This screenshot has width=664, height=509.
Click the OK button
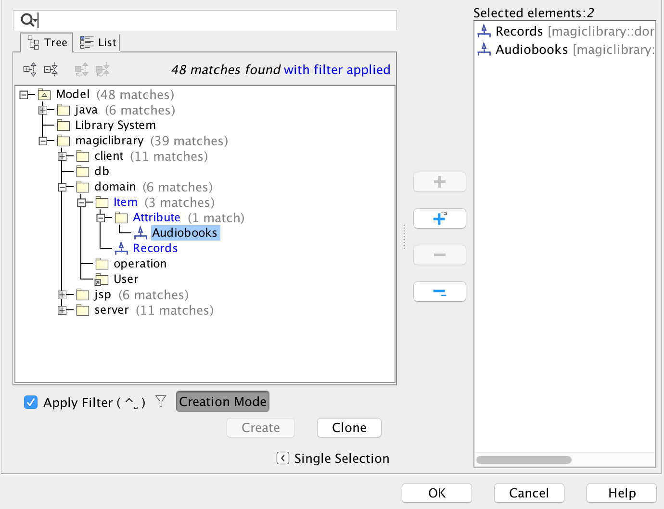point(436,493)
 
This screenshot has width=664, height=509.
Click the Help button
point(621,493)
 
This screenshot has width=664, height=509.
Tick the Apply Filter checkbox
point(31,402)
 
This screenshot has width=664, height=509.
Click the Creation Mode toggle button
point(223,402)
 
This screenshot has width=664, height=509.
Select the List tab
point(99,43)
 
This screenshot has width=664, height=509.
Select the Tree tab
point(47,43)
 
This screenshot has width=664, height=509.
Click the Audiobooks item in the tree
point(185,233)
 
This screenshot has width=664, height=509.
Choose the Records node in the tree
point(155,248)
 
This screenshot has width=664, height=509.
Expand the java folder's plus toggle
point(43,110)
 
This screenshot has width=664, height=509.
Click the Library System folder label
point(115,126)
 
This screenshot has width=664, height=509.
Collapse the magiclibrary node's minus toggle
point(43,141)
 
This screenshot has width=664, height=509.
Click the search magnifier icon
point(27,20)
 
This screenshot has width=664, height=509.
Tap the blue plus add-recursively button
point(439,219)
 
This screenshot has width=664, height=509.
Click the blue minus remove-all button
point(439,292)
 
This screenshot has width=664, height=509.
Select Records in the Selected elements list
point(519,32)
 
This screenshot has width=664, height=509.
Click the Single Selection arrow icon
point(283,458)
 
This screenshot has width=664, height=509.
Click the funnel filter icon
point(161,401)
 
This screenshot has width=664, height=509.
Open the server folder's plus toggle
point(62,310)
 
